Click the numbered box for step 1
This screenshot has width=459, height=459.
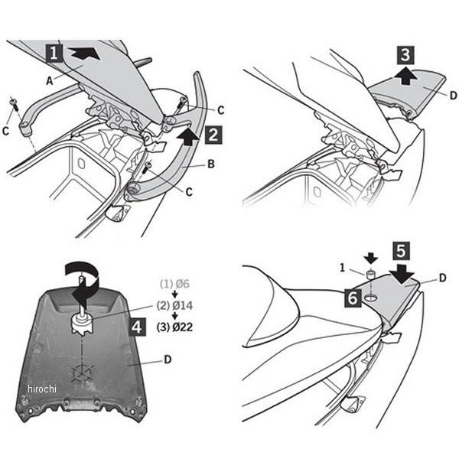click(x=54, y=53)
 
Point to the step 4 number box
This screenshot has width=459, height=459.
click(x=135, y=328)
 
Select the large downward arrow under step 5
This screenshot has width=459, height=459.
click(x=403, y=272)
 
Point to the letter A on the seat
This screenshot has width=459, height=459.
click(x=50, y=79)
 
